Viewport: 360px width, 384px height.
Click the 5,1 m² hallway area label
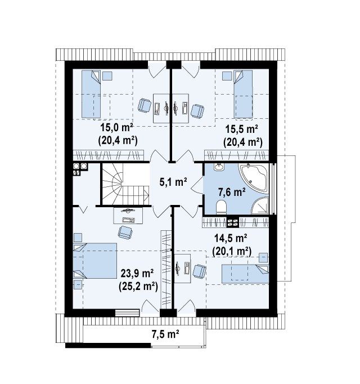pyautogui.click(x=173, y=182)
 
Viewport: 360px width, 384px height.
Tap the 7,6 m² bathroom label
pyautogui.click(x=232, y=193)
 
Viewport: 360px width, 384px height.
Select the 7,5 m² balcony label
pyautogui.click(x=165, y=334)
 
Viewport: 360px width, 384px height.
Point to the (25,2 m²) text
pyautogui.click(x=138, y=286)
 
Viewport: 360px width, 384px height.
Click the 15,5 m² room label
pyautogui.click(x=241, y=129)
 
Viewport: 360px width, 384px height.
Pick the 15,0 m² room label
pyautogui.click(x=117, y=128)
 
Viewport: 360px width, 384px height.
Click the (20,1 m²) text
pyautogui.click(x=232, y=252)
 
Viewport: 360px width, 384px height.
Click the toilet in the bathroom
pyautogui.click(x=222, y=207)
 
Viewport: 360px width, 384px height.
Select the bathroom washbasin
pyautogui.click(x=219, y=167)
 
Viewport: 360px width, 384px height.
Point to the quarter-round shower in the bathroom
pyautogui.click(x=260, y=206)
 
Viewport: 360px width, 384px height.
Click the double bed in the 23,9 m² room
pyautogui.click(x=95, y=261)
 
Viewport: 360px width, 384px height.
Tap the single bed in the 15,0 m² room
pyautogui.click(x=91, y=94)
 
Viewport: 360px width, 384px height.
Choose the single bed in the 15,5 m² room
pyautogui.click(x=243, y=94)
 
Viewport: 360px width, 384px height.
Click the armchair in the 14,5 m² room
pyautogui.click(x=199, y=271)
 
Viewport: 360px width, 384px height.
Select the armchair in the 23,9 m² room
pyautogui.click(x=125, y=232)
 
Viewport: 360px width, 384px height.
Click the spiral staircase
pyautogui.click(x=125, y=184)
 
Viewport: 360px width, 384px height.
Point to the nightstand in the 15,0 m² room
pyautogui.click(x=107, y=75)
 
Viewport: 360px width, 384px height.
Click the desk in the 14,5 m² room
pyautogui.click(x=182, y=269)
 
